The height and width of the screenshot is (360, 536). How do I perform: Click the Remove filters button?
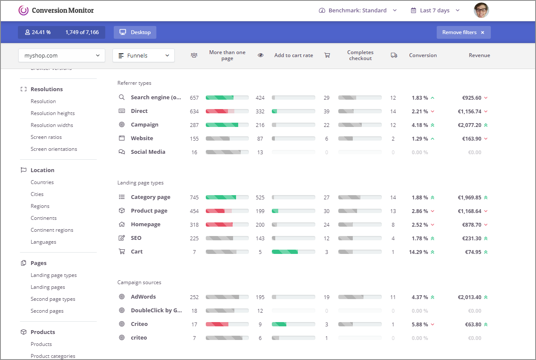pos(463,32)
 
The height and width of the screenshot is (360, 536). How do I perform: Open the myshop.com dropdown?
pos(62,55)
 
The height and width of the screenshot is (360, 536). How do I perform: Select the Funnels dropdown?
pos(143,55)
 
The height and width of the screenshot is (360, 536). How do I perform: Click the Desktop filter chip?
pos(135,32)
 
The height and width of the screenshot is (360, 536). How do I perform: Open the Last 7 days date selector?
pos(435,10)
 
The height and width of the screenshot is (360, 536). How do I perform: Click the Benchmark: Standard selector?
pos(358,10)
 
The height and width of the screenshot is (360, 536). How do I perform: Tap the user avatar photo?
pos(481,10)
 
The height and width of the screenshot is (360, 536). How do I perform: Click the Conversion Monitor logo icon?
pos(23,10)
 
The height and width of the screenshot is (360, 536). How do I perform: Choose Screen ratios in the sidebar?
pos(46,137)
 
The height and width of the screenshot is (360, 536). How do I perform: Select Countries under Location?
pos(42,182)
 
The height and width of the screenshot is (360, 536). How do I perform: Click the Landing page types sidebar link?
pos(54,275)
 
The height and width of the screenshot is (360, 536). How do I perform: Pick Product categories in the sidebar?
pos(53,356)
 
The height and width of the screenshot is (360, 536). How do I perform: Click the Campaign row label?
pos(144,125)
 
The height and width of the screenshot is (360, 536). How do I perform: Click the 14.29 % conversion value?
pos(418,252)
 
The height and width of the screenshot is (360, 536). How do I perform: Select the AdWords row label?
pos(143,297)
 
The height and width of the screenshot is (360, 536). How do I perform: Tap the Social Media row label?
pos(148,152)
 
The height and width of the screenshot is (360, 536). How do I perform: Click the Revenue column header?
pos(479,55)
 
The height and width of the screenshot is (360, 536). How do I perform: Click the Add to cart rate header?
pos(294,55)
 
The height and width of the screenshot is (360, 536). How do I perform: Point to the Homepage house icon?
pos(122,225)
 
